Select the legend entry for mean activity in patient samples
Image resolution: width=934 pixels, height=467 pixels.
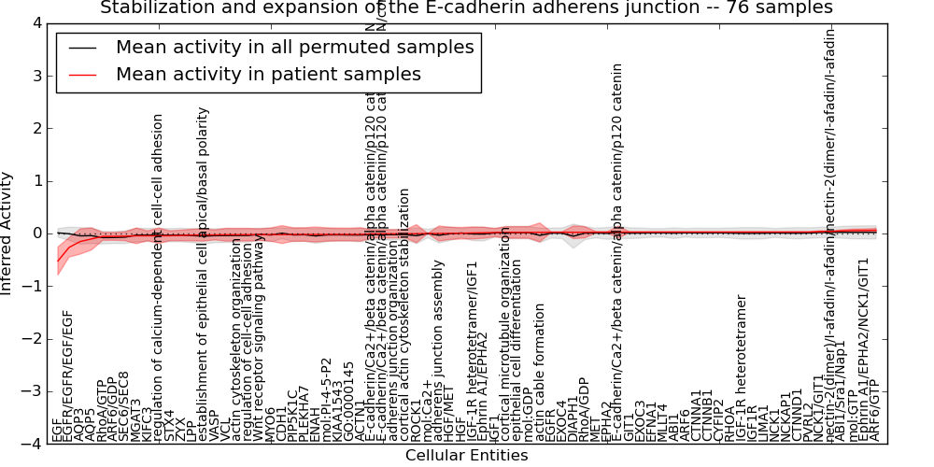(268, 74)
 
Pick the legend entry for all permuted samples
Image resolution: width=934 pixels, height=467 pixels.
(294, 47)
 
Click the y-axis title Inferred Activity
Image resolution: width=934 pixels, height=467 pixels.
(7, 233)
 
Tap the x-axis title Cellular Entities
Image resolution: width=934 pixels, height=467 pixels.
(466, 456)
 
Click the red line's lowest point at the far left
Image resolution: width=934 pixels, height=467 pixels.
(58, 261)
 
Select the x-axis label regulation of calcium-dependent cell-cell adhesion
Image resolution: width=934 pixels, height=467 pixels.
(159, 276)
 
